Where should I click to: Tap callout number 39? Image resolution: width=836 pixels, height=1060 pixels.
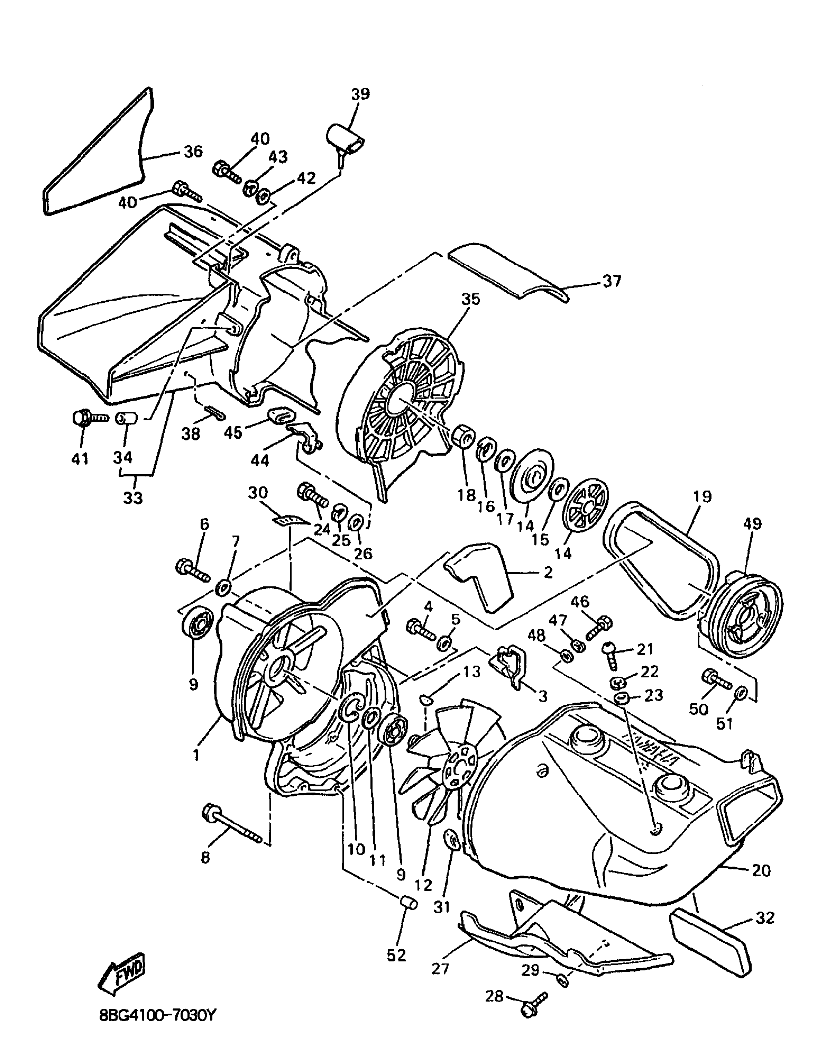360,94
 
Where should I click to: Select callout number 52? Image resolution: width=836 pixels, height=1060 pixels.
396,955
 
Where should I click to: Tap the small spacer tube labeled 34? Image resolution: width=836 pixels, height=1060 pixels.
126,419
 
